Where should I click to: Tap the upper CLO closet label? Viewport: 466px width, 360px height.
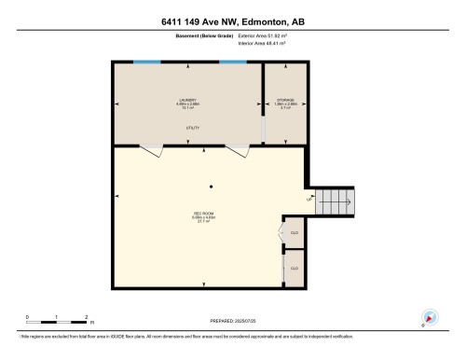point(295,233)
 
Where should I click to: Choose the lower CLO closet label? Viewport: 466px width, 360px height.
point(295,269)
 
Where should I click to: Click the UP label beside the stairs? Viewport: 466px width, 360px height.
point(308,199)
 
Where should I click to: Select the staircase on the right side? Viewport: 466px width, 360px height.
point(334,200)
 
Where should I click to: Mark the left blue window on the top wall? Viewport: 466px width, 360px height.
point(146,62)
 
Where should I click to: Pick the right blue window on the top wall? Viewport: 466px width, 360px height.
point(233,62)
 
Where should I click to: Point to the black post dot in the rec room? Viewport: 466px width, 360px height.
point(212,185)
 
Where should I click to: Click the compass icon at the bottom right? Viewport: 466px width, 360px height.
point(429,317)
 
